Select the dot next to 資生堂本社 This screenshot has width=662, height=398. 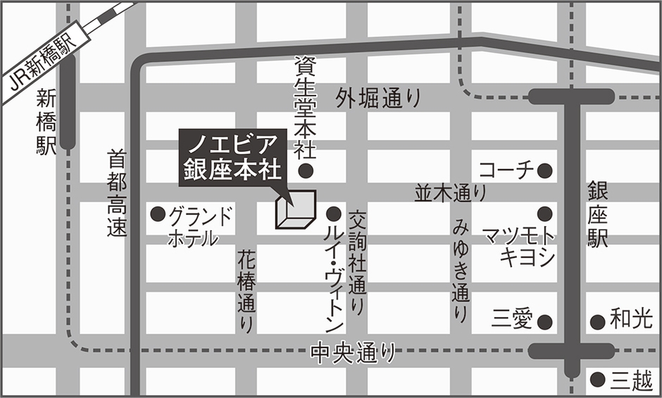coord(306,170)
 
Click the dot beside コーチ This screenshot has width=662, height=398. coord(544,170)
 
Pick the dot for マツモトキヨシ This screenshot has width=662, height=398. coord(544,213)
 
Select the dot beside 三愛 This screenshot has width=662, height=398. coord(544,321)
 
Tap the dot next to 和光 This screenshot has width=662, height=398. coord(597,321)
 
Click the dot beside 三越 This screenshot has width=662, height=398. coord(597,379)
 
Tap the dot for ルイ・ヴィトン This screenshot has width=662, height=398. coord(334,213)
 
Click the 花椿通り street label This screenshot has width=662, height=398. coord(246,290)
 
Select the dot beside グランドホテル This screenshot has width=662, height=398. coord(158,213)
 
